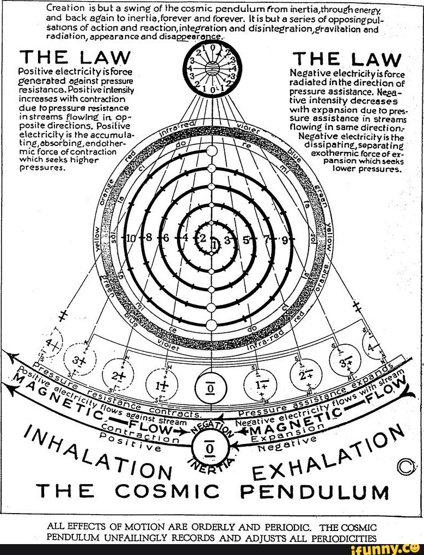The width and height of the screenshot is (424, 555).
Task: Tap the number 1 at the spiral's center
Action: click(x=214, y=246)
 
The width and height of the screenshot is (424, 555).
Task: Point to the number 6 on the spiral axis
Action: click(x=166, y=239)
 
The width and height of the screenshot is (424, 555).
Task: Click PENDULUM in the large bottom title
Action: click(x=315, y=493)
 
